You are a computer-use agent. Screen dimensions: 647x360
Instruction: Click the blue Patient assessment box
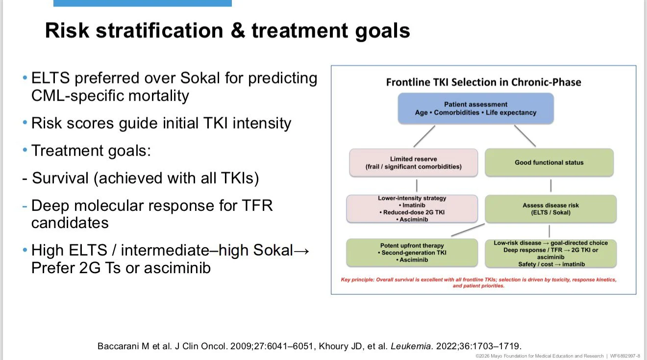[476, 108]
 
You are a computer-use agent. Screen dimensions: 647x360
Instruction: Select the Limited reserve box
[413, 163]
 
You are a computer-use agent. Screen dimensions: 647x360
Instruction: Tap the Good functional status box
[549, 162]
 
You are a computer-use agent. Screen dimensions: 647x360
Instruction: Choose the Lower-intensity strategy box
[412, 208]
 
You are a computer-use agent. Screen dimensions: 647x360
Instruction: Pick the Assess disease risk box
[550, 209]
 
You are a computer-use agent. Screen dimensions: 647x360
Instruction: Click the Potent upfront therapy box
[412, 253]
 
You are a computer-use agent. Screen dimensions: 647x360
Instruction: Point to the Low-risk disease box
[550, 254]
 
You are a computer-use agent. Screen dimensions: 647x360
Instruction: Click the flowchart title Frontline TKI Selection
[483, 82]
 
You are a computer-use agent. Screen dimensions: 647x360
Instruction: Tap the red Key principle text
[478, 283]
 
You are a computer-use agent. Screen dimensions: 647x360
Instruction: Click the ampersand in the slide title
[237, 30]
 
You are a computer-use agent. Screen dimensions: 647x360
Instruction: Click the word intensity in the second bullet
[262, 124]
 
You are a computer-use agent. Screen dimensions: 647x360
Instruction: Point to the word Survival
[60, 178]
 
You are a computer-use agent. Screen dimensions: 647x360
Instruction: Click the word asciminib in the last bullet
[177, 267]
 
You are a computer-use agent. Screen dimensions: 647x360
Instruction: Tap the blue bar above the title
[143, 3]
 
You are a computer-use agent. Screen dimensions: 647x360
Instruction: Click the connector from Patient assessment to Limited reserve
[424, 136]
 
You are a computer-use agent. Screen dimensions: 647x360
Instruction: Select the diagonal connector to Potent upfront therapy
[468, 230]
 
